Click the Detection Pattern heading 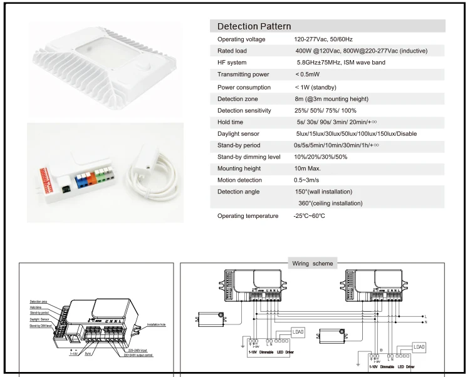254,26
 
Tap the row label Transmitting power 243,75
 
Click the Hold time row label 231,123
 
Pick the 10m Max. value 308,168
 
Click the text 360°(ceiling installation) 330,204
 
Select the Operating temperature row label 248,216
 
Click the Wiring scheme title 313,264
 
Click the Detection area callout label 39,302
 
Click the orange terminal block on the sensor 91,177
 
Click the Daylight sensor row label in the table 238,134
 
